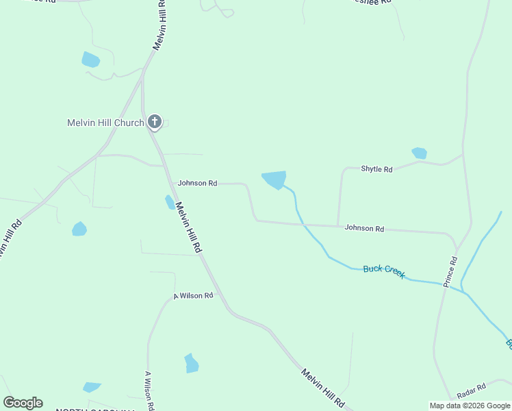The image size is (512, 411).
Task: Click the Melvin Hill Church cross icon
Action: tap(155, 123)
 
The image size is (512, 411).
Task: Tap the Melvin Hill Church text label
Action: tap(105, 123)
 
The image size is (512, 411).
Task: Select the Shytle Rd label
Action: tap(376, 169)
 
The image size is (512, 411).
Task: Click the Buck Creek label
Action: tap(384, 271)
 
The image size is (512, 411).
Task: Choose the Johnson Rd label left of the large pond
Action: tap(197, 184)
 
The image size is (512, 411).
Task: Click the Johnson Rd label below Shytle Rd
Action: tap(364, 228)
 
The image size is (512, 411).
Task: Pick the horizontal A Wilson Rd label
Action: tap(193, 296)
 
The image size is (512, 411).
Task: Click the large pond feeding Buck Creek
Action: tap(274, 179)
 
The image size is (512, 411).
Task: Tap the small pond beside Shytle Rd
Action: tap(419, 153)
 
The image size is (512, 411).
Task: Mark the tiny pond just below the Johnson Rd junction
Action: tap(170, 202)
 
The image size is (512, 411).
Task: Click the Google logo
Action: tap(23, 402)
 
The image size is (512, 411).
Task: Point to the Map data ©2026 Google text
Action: tap(470, 406)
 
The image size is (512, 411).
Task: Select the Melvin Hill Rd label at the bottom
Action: tap(323, 387)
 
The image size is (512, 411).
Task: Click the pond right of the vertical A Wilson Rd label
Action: tap(191, 363)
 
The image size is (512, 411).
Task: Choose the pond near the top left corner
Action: tap(90, 60)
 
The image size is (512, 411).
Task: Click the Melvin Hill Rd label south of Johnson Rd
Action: tap(188, 227)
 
